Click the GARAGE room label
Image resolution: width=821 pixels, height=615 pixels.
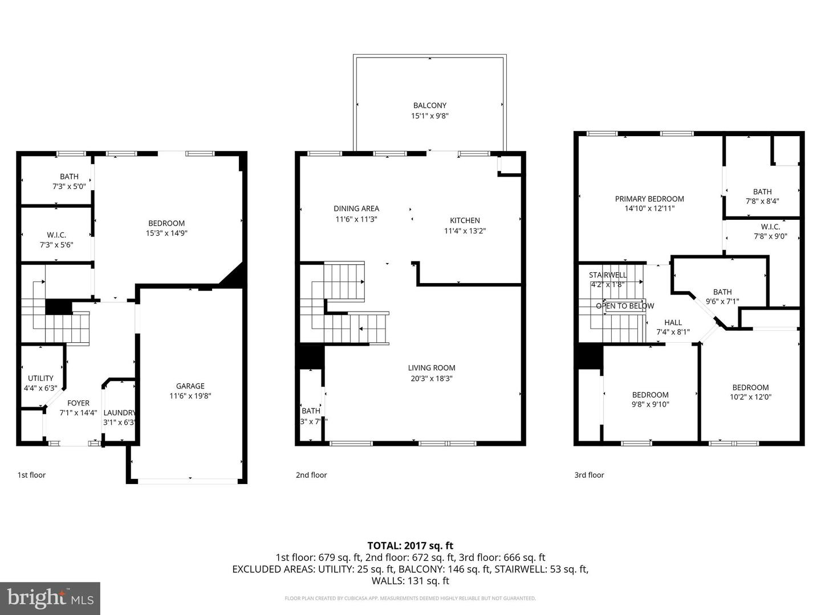pos(190,386)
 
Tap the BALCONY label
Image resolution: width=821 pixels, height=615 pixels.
pos(430,105)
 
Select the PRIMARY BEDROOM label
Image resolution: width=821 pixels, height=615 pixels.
pos(649,199)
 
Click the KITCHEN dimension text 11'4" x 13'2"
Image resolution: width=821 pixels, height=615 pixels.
pos(465,231)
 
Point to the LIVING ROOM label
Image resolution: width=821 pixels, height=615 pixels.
pos(432,368)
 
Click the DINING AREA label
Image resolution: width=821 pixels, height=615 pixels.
pos(356,208)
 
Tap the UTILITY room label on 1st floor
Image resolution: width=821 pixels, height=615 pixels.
pos(40,378)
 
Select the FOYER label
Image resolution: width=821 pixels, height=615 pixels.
pos(78,403)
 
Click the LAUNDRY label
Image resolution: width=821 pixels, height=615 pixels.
pos(119,413)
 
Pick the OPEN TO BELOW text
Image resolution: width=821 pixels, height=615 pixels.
pos(625,306)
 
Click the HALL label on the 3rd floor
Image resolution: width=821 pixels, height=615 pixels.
pos(673,322)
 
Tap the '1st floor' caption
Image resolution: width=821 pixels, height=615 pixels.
pos(31,475)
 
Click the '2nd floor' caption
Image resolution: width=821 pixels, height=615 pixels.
pos(311,475)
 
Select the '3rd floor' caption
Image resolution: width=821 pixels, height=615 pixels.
pos(589,475)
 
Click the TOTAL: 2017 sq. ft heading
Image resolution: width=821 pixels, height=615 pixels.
pos(410,546)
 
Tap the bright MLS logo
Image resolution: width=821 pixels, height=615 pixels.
pos(50,598)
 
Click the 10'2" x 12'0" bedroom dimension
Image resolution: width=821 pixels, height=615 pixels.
pos(750,397)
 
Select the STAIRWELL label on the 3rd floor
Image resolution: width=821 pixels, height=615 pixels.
pos(608,275)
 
